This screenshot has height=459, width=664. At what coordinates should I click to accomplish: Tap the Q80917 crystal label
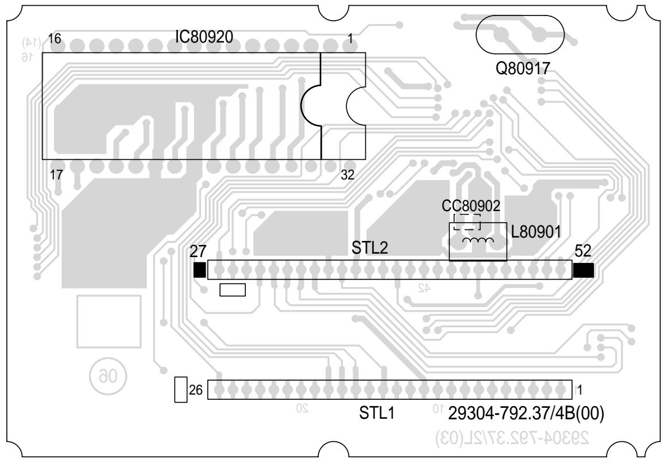pyautogui.click(x=523, y=69)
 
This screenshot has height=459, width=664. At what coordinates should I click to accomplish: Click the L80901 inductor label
pyautogui.click(x=536, y=233)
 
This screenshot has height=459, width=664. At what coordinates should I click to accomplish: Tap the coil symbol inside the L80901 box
pyautogui.click(x=478, y=240)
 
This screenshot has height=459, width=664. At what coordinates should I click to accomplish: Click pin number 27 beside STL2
pyautogui.click(x=198, y=251)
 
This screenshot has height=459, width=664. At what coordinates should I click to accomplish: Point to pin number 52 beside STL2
pyautogui.click(x=582, y=251)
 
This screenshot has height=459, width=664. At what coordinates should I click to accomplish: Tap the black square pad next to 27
pyautogui.click(x=199, y=270)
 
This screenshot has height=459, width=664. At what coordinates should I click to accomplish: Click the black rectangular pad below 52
pyautogui.click(x=583, y=270)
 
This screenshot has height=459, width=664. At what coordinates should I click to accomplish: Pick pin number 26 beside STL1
pyautogui.click(x=196, y=390)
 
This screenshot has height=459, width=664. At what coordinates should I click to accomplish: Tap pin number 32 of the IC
pyautogui.click(x=348, y=176)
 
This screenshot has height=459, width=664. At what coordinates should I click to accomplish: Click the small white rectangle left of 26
pyautogui.click(x=180, y=389)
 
